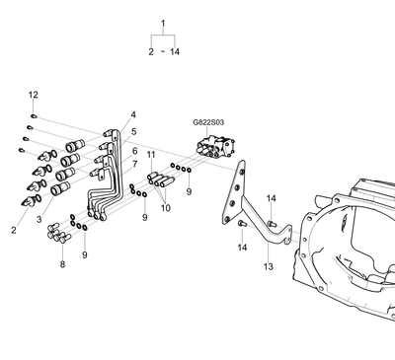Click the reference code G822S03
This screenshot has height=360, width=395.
click(208, 122)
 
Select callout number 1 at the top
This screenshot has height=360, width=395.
click(163, 24)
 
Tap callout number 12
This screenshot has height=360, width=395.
click(34, 95)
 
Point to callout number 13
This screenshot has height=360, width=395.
click(269, 266)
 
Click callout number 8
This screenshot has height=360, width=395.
click(62, 264)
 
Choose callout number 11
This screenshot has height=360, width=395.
click(151, 155)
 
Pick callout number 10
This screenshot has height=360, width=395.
click(166, 208)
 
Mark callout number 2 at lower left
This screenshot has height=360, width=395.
click(14, 231)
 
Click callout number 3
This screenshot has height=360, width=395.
click(39, 220)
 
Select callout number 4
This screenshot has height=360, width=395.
click(133, 114)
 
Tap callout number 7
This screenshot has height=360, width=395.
click(135, 164)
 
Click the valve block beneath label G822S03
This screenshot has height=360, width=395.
click(215, 148)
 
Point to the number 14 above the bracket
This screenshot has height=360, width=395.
click(272, 198)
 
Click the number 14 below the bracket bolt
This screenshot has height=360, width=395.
click(242, 248)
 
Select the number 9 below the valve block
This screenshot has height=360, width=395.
click(189, 191)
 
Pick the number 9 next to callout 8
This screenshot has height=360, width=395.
click(85, 254)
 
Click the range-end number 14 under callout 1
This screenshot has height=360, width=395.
click(175, 52)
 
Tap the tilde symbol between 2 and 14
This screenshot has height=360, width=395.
click(163, 52)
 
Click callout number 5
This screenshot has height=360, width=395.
click(133, 132)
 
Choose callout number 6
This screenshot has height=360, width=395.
click(135, 151)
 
